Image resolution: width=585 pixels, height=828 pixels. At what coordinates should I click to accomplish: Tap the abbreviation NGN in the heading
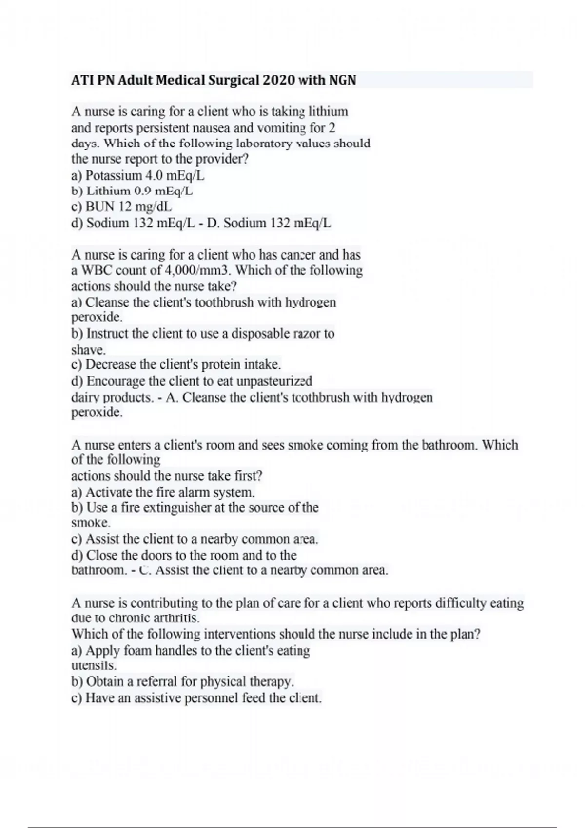click(342, 80)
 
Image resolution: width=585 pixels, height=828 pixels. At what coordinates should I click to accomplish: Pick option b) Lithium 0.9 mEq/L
click(132, 191)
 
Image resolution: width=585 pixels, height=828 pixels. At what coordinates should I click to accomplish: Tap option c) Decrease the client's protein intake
click(176, 365)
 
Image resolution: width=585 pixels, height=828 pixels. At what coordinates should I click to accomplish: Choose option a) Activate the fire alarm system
click(163, 492)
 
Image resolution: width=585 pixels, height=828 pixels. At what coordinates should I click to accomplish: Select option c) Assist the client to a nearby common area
click(195, 539)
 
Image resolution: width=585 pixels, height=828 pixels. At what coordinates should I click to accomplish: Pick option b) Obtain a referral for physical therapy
click(183, 681)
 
